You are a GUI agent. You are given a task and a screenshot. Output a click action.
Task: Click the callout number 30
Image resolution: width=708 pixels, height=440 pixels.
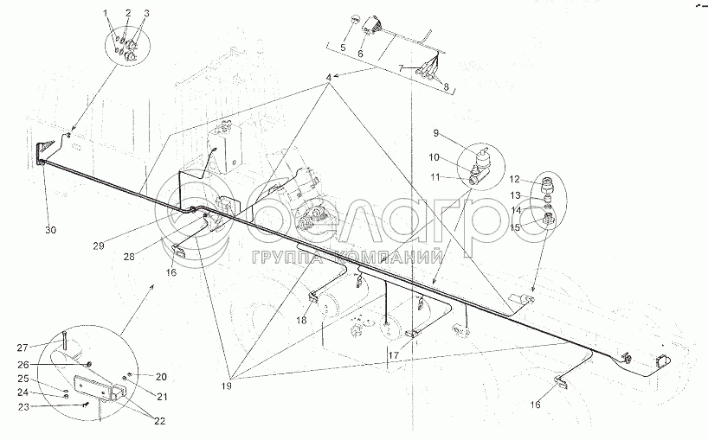(x=51, y=230)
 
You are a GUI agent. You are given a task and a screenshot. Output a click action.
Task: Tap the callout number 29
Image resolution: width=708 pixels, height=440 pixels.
(x=99, y=246)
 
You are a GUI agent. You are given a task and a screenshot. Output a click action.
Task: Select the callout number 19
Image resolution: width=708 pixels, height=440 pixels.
(x=227, y=386)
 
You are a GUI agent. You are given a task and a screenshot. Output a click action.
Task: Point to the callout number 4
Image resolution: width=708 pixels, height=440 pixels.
(x=329, y=78)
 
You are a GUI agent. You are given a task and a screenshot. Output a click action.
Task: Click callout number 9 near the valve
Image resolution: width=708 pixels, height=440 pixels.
(x=435, y=133)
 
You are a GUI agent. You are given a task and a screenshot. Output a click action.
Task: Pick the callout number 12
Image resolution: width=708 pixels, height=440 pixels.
(x=515, y=179)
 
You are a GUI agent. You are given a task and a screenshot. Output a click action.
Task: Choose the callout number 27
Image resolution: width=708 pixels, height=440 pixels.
(x=23, y=348)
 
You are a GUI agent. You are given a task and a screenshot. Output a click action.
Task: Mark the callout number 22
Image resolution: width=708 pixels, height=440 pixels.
(x=159, y=422)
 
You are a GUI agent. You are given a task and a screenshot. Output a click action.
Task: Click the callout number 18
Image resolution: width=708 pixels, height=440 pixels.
(x=301, y=320)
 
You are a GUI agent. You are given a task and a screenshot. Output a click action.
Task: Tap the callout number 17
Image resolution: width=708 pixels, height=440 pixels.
(x=394, y=355)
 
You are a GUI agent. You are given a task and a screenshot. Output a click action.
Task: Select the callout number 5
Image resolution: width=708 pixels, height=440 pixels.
(x=343, y=47)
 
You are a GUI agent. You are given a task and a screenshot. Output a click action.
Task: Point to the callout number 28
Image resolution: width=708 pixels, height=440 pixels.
(x=130, y=257)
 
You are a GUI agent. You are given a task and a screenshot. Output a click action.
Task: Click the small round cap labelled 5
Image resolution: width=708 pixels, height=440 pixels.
(x=356, y=20)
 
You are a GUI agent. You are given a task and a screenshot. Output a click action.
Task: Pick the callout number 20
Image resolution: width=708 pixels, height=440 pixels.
(x=161, y=377)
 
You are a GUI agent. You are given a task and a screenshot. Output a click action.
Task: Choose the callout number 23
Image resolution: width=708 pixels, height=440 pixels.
(x=23, y=406)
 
